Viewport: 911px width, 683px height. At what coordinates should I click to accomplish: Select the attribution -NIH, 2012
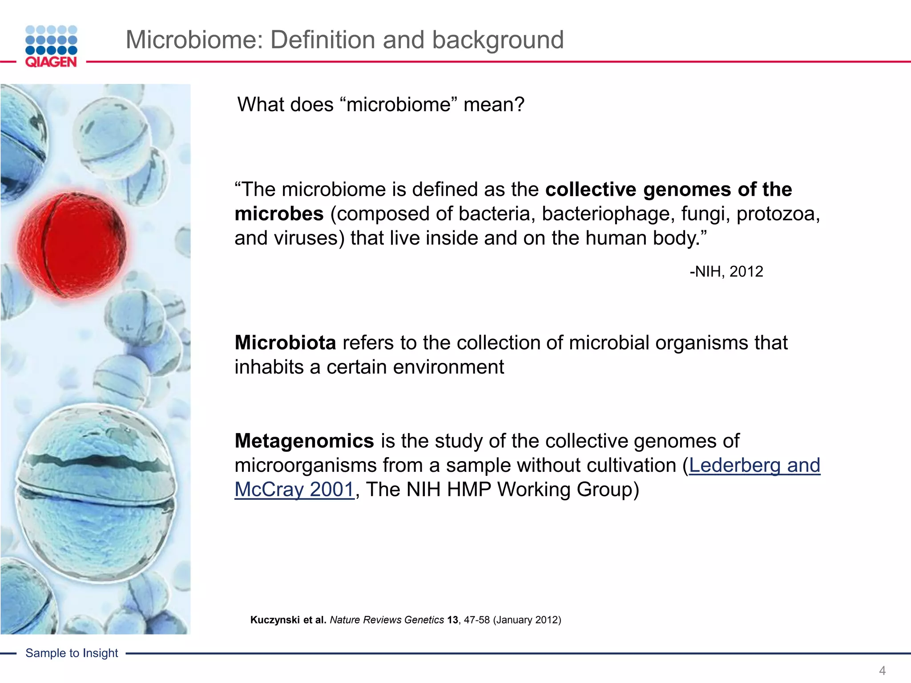726,271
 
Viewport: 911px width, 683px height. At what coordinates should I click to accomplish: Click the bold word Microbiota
285,343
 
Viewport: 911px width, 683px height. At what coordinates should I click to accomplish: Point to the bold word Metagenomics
304,441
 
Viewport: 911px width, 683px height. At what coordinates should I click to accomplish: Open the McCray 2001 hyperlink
294,490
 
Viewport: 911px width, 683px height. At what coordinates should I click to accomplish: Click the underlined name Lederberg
734,466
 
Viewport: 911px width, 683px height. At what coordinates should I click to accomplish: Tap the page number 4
882,670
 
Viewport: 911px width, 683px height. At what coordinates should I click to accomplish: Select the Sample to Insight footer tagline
72,653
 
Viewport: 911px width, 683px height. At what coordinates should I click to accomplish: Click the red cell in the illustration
71,244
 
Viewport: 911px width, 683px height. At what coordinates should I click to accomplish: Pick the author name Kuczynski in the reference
275,620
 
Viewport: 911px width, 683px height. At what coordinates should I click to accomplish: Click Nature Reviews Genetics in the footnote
387,620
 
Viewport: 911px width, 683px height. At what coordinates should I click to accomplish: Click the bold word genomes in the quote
687,189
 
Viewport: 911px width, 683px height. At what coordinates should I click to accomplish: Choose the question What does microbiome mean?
381,105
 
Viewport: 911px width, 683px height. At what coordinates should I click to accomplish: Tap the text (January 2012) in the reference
527,620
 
